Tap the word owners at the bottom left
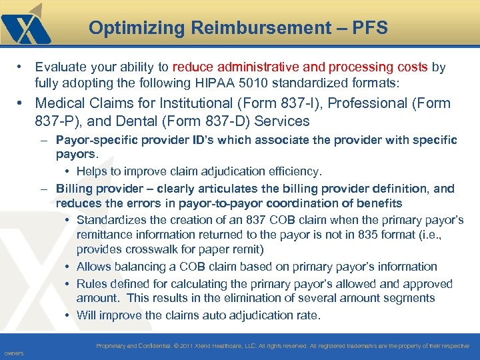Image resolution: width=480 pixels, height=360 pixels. tap(13, 353)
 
